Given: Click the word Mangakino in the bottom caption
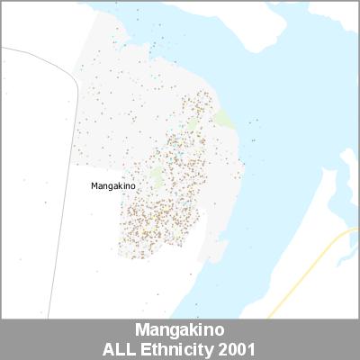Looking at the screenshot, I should (x=179, y=330).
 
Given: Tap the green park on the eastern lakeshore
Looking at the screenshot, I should (x=222, y=119).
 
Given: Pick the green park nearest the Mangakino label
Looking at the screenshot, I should (x=157, y=175).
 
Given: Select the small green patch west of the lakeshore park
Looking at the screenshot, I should (x=193, y=123).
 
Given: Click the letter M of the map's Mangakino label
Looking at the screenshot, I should (x=94, y=186).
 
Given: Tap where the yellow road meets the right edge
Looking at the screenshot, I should (x=357, y=230).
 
